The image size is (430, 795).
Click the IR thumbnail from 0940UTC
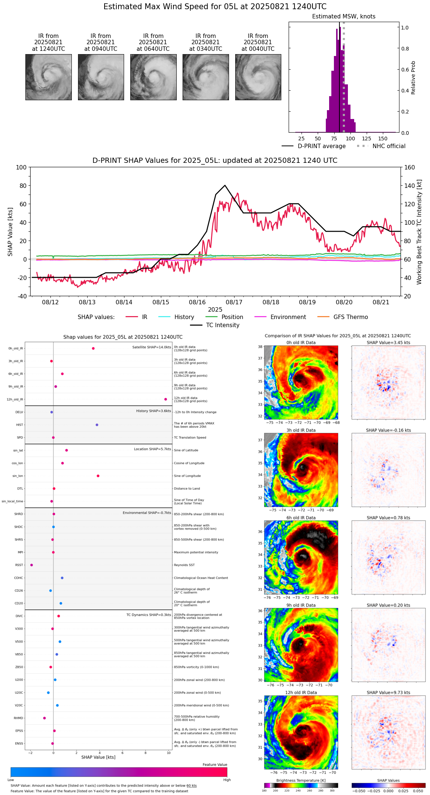(101, 77)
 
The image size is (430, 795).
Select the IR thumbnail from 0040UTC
(258, 77)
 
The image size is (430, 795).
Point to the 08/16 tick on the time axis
(197, 302)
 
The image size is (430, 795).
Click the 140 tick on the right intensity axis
(410, 186)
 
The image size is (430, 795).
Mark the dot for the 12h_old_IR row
(166, 399)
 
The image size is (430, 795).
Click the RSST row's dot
(32, 565)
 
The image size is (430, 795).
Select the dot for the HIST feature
(97, 425)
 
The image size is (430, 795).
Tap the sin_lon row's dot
(98, 476)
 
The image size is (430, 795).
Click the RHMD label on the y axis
(18, 718)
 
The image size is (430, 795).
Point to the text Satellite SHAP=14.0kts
(152, 347)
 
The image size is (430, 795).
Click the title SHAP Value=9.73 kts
(388, 693)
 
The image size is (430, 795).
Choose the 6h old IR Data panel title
(301, 518)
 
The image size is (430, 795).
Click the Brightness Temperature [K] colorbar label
(301, 780)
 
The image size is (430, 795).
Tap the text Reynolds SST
(184, 565)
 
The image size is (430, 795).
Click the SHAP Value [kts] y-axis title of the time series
(10, 232)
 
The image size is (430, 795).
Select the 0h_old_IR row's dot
(93, 349)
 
